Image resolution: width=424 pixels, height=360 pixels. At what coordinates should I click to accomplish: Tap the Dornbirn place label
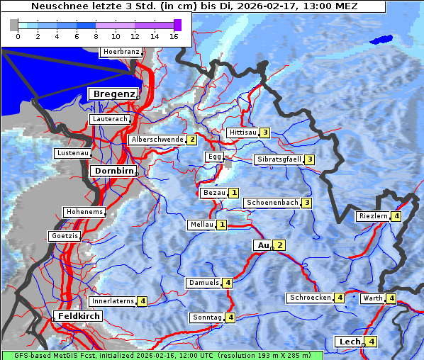click(113, 171)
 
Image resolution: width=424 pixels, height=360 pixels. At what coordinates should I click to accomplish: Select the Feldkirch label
click(78, 316)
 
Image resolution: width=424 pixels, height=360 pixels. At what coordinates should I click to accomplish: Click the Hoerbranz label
click(120, 52)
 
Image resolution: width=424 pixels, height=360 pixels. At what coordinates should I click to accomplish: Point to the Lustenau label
click(72, 153)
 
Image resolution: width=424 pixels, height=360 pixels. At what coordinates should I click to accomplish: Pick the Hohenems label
click(84, 212)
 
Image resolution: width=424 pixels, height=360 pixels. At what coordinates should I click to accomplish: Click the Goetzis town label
click(65, 235)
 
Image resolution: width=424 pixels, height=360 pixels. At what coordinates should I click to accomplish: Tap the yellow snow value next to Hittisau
click(264, 133)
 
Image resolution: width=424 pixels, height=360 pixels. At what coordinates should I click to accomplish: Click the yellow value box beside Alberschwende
click(191, 140)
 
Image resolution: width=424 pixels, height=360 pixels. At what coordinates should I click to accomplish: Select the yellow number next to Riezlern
click(396, 216)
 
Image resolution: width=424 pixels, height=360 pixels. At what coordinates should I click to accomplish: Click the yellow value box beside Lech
click(371, 342)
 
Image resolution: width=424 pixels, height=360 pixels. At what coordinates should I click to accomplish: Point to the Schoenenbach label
click(272, 203)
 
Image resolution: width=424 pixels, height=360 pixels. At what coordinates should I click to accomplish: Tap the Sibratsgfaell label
click(279, 159)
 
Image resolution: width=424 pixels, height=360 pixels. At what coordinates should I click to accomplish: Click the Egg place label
click(214, 157)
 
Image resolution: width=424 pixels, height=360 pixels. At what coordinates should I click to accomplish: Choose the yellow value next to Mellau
click(222, 225)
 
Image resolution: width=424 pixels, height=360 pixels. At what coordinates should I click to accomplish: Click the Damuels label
click(203, 283)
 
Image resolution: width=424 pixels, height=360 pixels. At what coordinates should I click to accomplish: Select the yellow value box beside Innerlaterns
click(143, 301)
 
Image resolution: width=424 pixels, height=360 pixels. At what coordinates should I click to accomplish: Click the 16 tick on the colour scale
click(174, 37)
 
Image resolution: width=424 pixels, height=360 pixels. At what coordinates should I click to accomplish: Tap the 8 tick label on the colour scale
click(96, 37)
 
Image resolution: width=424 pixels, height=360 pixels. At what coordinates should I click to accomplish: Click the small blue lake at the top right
click(383, 40)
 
